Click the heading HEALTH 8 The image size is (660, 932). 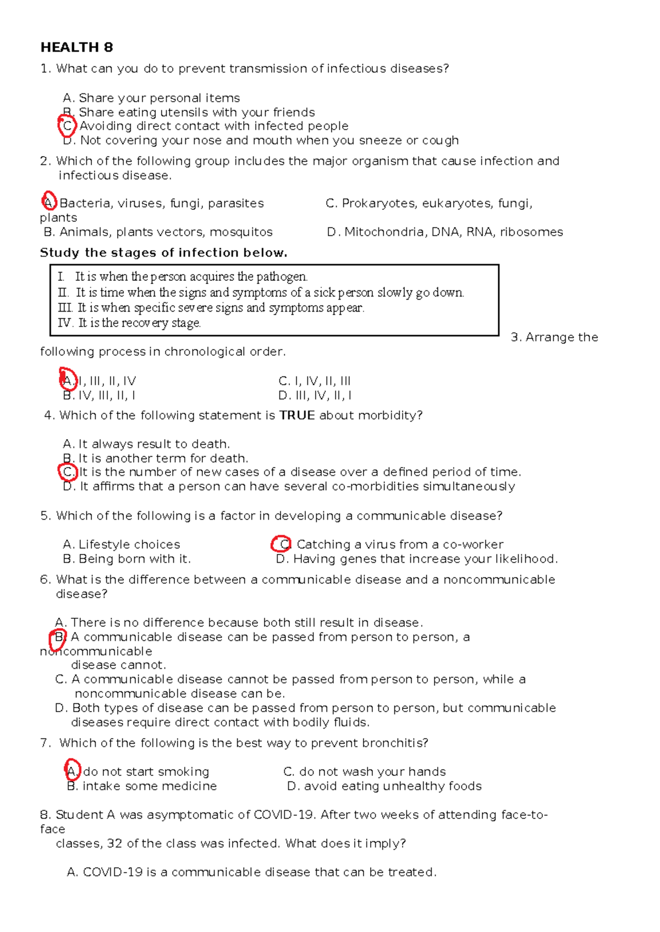tap(76, 47)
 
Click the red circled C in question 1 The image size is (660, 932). tap(67, 126)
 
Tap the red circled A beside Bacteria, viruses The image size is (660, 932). tap(50, 202)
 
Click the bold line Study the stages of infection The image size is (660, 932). tap(163, 253)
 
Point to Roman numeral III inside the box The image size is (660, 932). tap(64, 308)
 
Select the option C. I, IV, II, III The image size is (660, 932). tap(314, 381)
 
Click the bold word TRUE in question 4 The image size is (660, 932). tap(297, 415)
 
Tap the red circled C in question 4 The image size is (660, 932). tap(68, 472)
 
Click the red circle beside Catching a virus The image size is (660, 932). tap(281, 544)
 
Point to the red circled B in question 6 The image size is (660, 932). tap(59, 638)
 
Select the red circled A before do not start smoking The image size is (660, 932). tap(72, 770)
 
